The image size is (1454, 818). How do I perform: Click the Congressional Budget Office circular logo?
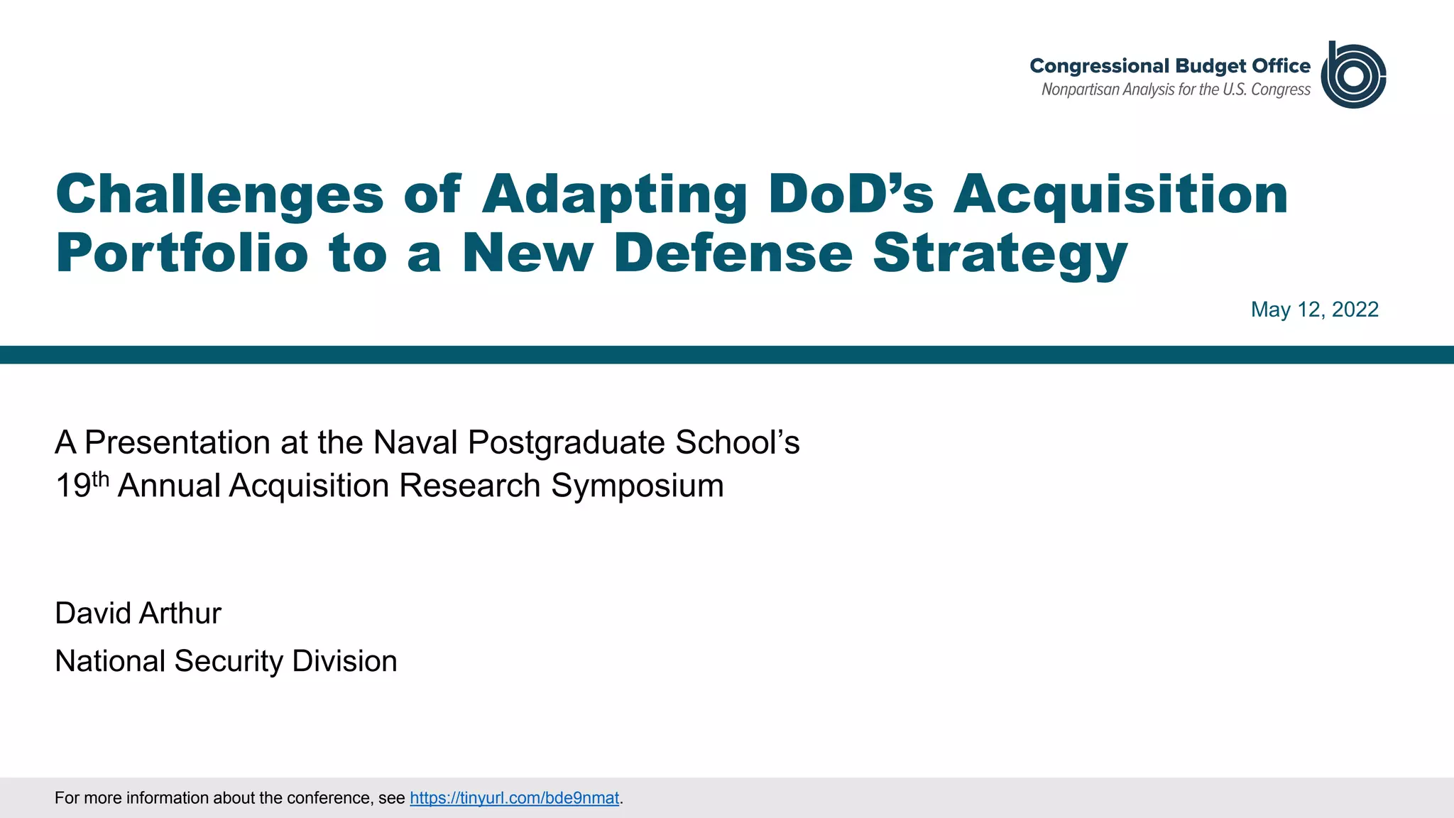[x=1352, y=75]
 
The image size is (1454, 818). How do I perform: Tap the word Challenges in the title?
[x=219, y=194]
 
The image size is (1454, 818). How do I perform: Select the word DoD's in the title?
[x=851, y=194]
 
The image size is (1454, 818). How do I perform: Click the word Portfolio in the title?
[x=182, y=253]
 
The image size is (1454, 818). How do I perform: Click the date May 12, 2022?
[x=1314, y=310]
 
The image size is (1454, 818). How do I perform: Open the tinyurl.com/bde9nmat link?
[x=514, y=798]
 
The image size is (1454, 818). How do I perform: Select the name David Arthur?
[x=138, y=613]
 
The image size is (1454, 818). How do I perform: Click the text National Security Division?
[x=226, y=661]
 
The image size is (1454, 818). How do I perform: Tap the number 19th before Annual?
[x=82, y=486]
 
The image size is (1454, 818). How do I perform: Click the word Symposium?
[x=637, y=486]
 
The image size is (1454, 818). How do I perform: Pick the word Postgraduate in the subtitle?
[x=566, y=442]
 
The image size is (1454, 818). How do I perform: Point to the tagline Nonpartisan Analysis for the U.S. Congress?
[x=1175, y=90]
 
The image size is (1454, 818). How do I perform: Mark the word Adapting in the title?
[x=614, y=194]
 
